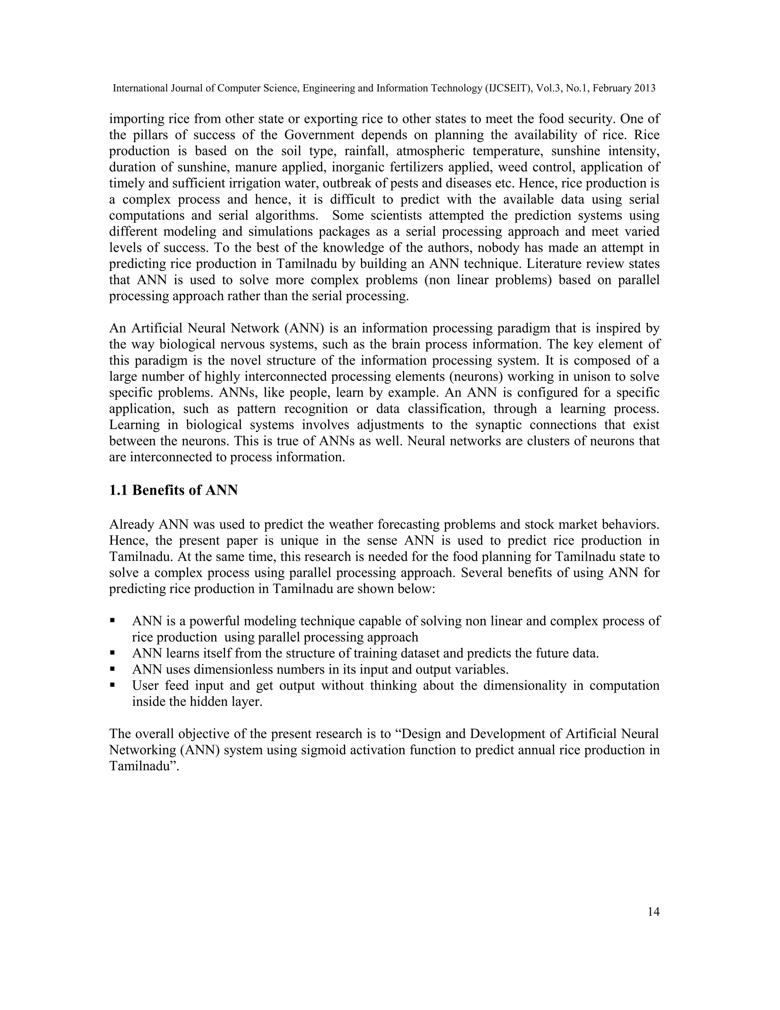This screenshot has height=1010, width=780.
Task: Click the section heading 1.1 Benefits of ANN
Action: pos(173,490)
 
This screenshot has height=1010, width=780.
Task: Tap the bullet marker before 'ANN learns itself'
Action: pos(112,653)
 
